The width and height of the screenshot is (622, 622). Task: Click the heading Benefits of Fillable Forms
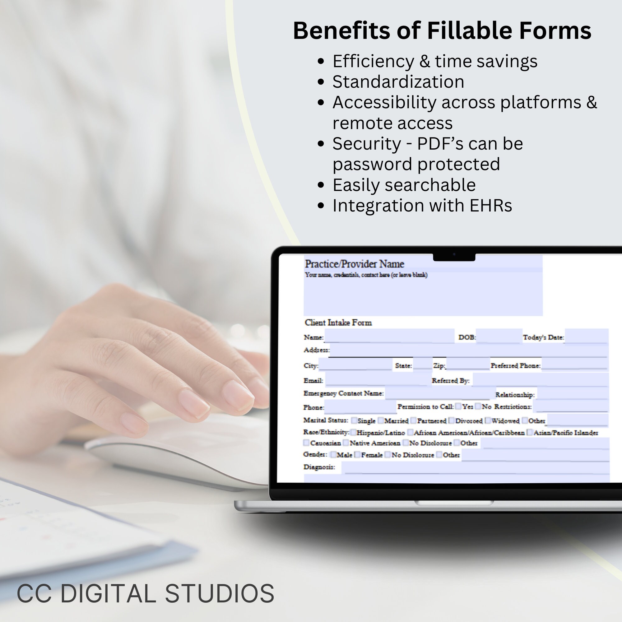click(442, 30)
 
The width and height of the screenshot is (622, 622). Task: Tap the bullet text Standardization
click(398, 82)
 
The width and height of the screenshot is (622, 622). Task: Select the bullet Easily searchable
click(404, 185)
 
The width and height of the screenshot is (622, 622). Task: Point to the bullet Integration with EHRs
click(422, 206)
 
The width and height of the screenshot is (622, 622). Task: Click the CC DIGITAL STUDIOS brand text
click(145, 593)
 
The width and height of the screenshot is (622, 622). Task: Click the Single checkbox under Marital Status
click(354, 420)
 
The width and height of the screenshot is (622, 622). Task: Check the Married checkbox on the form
click(381, 420)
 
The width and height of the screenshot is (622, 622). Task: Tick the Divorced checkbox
click(451, 420)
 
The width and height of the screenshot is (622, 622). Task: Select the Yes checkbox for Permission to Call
click(458, 406)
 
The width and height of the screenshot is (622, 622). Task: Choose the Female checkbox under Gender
click(357, 455)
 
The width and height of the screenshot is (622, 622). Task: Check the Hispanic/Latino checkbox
click(353, 432)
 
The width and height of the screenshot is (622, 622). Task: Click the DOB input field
click(499, 337)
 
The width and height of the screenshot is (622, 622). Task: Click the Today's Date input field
click(586, 337)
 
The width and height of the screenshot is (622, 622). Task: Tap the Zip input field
click(468, 364)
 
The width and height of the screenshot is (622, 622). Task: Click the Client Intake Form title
click(338, 323)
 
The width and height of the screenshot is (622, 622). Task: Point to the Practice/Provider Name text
click(354, 264)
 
